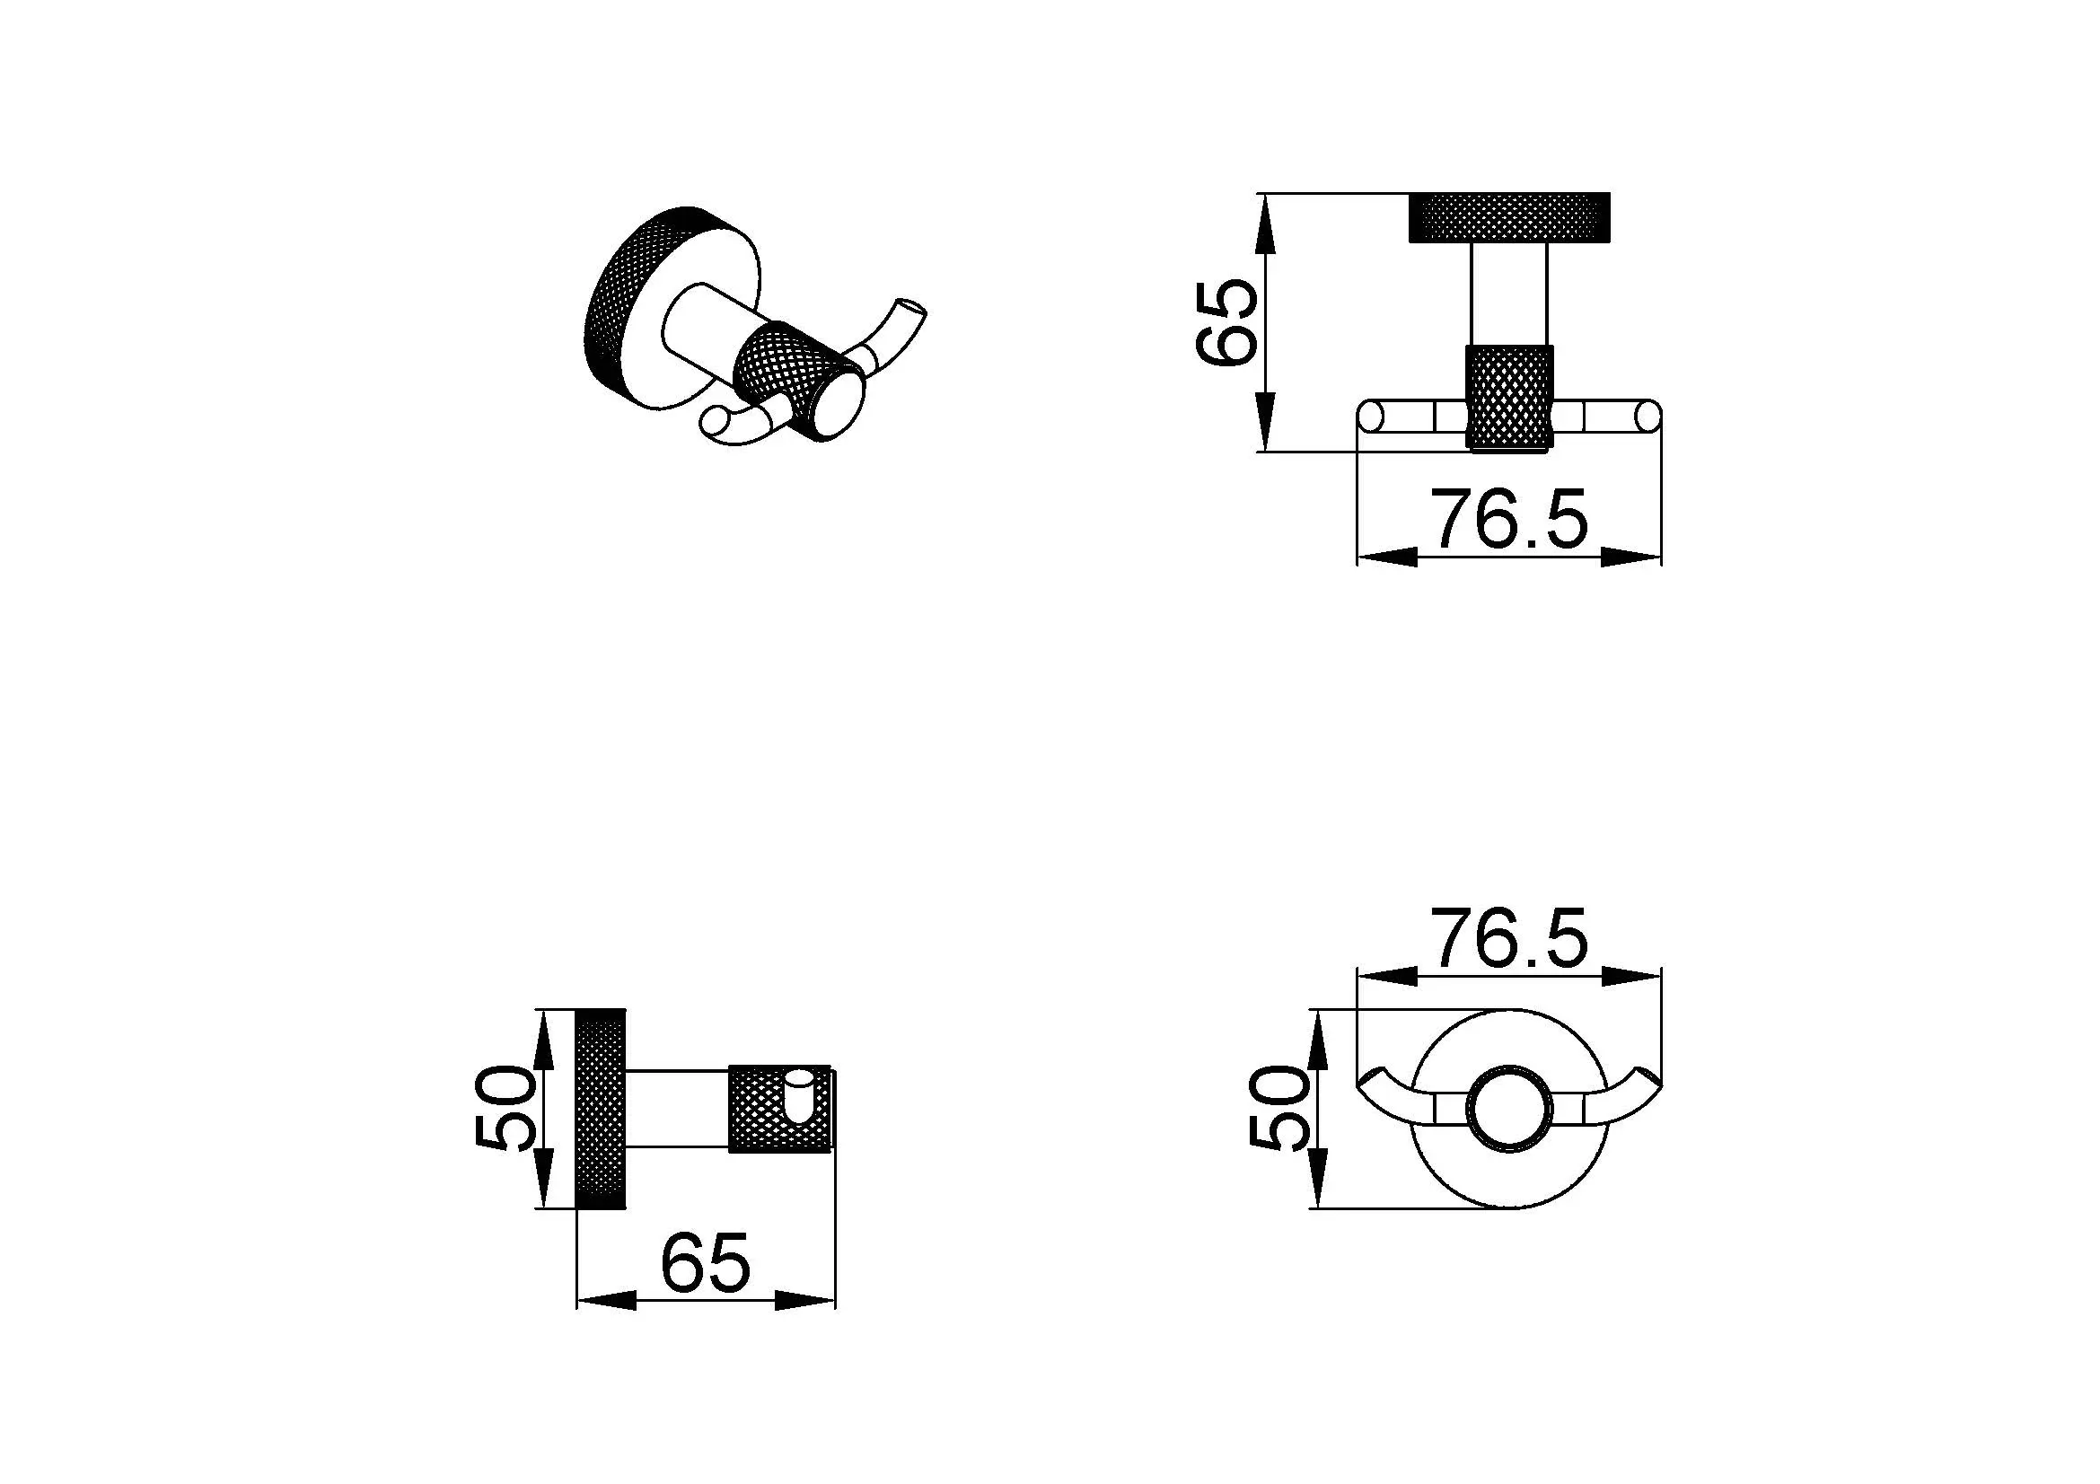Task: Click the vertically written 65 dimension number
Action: pos(1226,322)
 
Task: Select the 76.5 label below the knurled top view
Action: pos(1508,519)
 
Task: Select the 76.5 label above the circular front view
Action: pos(1508,937)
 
